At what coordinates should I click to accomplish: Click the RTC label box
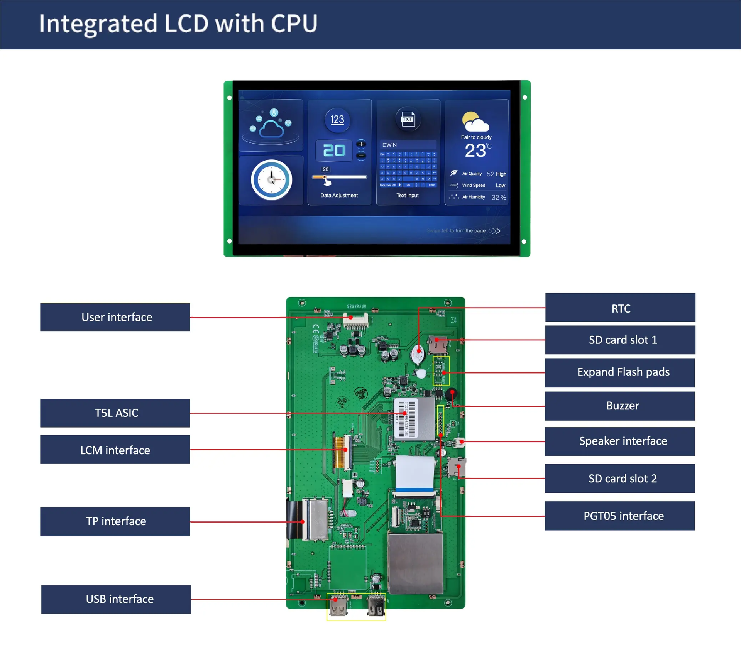click(x=620, y=308)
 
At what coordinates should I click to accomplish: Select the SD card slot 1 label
click(x=620, y=340)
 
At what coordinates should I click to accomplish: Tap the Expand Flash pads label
click(x=620, y=372)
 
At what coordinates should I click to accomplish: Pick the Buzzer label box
click(x=620, y=406)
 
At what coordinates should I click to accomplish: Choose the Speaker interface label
click(x=620, y=441)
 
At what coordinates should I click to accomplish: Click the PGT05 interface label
click(x=620, y=516)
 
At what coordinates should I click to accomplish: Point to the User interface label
click(x=115, y=317)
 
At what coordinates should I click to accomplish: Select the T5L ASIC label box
click(x=115, y=413)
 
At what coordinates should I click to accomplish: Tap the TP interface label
click(x=115, y=521)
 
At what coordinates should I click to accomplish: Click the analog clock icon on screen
click(x=271, y=180)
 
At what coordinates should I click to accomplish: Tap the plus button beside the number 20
click(x=361, y=144)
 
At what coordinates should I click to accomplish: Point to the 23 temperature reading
click(x=476, y=151)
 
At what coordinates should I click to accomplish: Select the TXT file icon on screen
click(x=408, y=119)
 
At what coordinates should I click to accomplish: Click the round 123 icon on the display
click(x=337, y=120)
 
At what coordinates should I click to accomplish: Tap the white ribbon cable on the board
click(x=414, y=474)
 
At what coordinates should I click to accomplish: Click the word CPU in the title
click(x=294, y=24)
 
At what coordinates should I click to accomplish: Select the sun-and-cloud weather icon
click(x=475, y=122)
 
